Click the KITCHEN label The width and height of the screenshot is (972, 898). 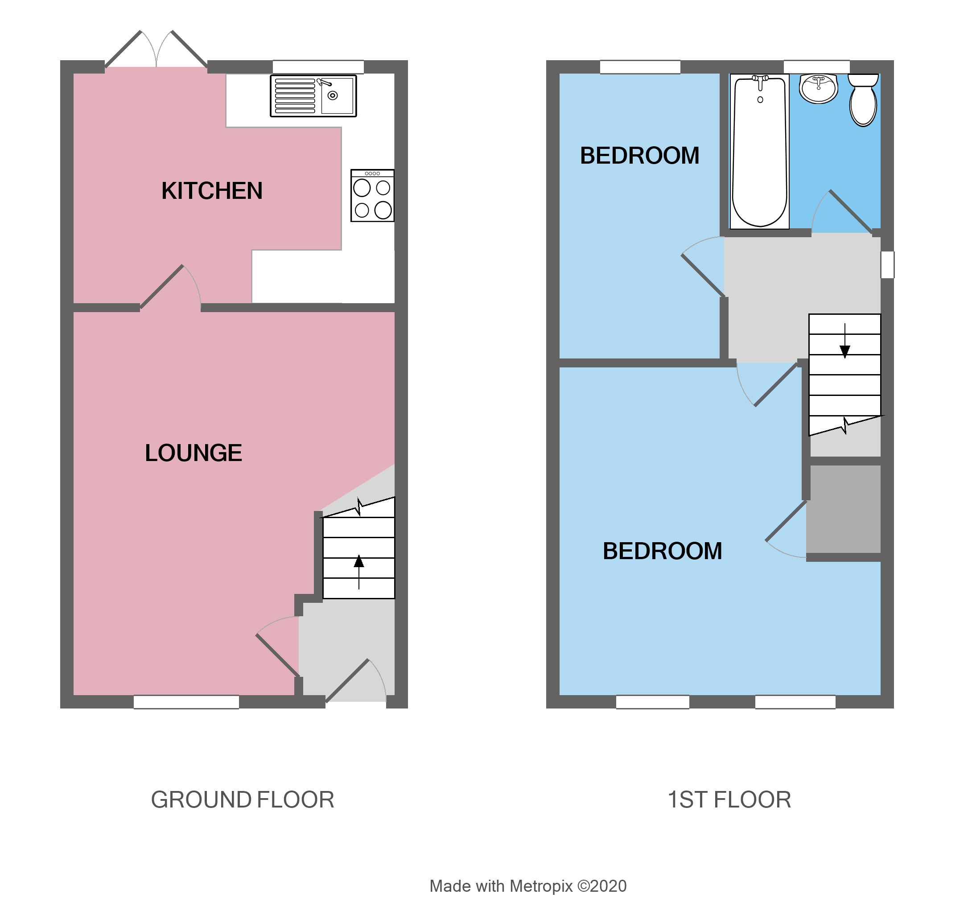[x=212, y=190]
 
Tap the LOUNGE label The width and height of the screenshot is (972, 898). [x=194, y=453]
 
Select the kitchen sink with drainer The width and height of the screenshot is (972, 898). [x=313, y=96]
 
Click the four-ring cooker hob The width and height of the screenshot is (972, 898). [x=372, y=196]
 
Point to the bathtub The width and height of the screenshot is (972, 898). [x=760, y=152]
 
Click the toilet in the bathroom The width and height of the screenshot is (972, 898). [x=863, y=100]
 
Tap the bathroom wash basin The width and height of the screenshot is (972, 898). [x=819, y=89]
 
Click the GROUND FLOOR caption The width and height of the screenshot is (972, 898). [x=243, y=799]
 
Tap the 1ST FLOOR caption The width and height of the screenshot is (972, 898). [x=729, y=799]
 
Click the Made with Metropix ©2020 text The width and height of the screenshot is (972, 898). [x=528, y=886]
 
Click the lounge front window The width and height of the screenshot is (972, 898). [x=186, y=702]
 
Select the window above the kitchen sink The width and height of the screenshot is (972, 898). [x=318, y=66]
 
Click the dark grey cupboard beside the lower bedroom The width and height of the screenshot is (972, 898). [x=844, y=509]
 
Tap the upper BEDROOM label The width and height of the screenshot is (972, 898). [x=639, y=156]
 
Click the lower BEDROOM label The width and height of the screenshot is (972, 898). [x=662, y=551]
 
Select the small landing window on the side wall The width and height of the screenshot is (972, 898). [x=887, y=265]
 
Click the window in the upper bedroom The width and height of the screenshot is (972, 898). [x=640, y=66]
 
